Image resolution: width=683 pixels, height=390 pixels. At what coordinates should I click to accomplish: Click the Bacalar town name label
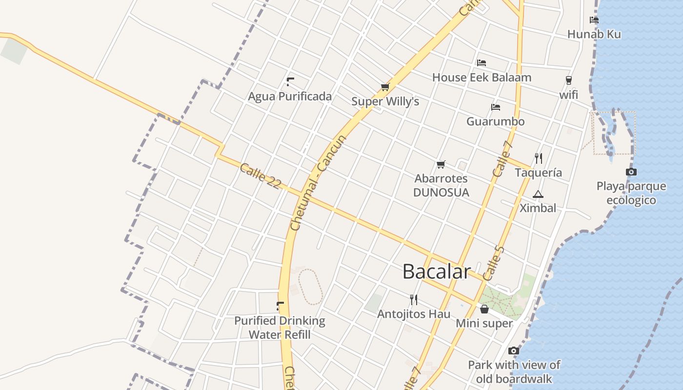(x=436, y=272)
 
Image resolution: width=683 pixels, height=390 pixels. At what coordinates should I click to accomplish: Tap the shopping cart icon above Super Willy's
(x=385, y=87)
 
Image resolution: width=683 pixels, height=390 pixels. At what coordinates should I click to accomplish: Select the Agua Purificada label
(x=290, y=97)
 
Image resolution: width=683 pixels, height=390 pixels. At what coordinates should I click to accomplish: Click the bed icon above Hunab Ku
(x=594, y=20)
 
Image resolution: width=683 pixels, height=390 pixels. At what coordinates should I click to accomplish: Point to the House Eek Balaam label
(x=482, y=78)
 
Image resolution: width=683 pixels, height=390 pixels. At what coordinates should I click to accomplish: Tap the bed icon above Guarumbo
(x=496, y=107)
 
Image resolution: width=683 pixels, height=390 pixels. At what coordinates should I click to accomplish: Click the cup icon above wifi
(x=568, y=80)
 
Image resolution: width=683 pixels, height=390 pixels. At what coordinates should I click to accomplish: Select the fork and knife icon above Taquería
(x=539, y=158)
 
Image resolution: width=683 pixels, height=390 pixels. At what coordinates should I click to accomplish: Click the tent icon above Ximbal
(x=538, y=195)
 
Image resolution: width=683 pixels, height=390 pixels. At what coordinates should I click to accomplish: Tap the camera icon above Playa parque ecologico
(x=631, y=172)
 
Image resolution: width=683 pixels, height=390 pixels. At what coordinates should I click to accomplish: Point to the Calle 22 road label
(x=261, y=176)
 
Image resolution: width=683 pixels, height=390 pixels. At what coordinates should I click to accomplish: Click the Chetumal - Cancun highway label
(x=318, y=183)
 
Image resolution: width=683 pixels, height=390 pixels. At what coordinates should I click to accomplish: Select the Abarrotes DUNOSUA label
(x=441, y=186)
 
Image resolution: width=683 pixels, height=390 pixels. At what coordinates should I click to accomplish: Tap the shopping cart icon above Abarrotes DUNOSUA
(x=441, y=165)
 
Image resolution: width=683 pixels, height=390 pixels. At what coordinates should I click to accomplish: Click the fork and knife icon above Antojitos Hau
(x=414, y=299)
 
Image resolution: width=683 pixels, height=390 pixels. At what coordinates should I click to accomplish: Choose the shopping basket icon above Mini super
(x=484, y=309)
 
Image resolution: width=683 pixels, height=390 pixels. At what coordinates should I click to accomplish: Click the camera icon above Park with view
(x=513, y=351)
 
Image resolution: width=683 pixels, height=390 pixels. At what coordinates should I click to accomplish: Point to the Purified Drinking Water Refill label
(x=280, y=328)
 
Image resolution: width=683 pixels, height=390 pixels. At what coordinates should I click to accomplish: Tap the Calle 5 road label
(x=493, y=263)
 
